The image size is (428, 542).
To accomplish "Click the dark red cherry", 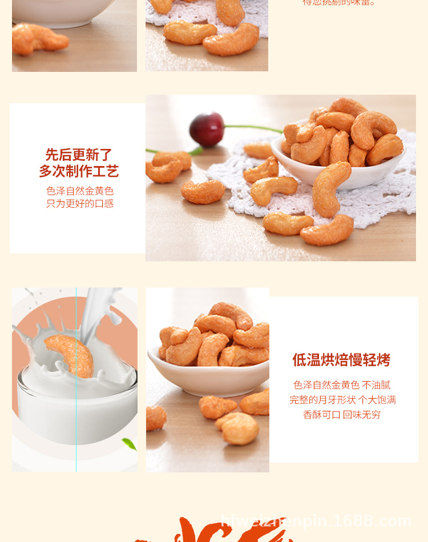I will [x=207, y=129].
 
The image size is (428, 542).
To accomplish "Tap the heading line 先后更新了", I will [x=79, y=155].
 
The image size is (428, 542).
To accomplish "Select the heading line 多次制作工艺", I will [x=79, y=171].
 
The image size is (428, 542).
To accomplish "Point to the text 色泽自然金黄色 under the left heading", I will [x=80, y=191].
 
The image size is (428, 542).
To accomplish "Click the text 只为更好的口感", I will [x=80, y=204].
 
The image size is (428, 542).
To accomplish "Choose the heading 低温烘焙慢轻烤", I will [x=341, y=360].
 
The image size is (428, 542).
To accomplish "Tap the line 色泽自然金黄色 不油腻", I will [x=342, y=385].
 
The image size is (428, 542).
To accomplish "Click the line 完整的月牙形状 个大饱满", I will [x=342, y=400].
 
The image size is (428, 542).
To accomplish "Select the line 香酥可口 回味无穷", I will [x=342, y=415].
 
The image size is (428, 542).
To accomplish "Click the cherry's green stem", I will [x=251, y=128].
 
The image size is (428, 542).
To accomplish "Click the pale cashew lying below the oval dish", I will [x=239, y=428].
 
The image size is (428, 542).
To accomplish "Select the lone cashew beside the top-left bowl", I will [x=39, y=38].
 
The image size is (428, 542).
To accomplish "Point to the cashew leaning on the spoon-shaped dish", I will [x=331, y=188].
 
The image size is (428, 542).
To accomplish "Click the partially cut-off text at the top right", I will [x=339, y=3].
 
